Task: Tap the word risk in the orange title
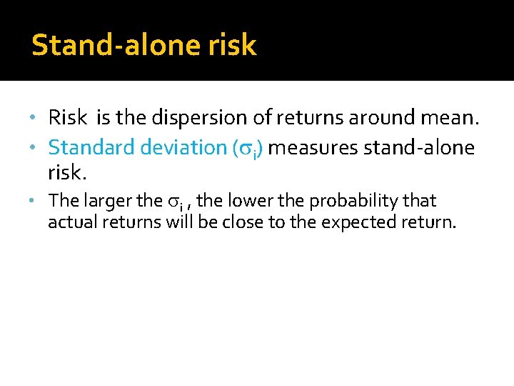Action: (233, 46)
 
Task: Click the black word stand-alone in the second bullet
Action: (419, 147)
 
